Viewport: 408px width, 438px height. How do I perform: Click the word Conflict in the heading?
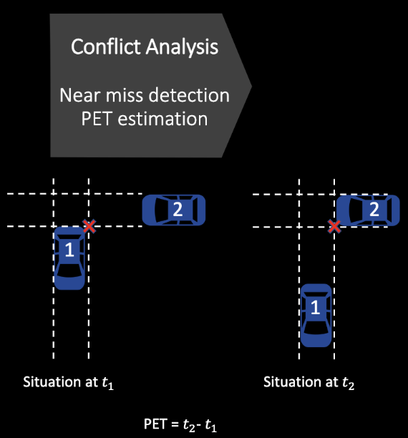[106, 46]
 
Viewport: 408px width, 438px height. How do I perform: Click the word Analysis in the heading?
[182, 47]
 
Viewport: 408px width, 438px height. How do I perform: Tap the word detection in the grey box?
[189, 95]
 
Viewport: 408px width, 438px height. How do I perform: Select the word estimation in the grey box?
[163, 120]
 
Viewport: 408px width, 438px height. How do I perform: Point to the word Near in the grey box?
[80, 95]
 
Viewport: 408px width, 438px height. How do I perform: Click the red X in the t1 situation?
[89, 226]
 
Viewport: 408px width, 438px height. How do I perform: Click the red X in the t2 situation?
[334, 226]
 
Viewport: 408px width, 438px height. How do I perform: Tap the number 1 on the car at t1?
[69, 250]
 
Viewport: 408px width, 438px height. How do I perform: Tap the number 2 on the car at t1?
[178, 209]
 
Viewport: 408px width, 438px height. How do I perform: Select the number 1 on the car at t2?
[315, 307]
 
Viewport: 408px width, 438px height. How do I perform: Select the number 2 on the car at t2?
[374, 209]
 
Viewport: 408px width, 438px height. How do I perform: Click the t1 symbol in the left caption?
[108, 383]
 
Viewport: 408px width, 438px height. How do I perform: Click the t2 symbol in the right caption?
[349, 383]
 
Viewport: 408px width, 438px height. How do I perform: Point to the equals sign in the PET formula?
[175, 424]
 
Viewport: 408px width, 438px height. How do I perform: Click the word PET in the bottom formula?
[155, 424]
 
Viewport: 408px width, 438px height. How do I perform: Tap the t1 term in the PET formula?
[211, 425]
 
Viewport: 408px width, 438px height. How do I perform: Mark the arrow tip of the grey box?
[251, 86]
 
